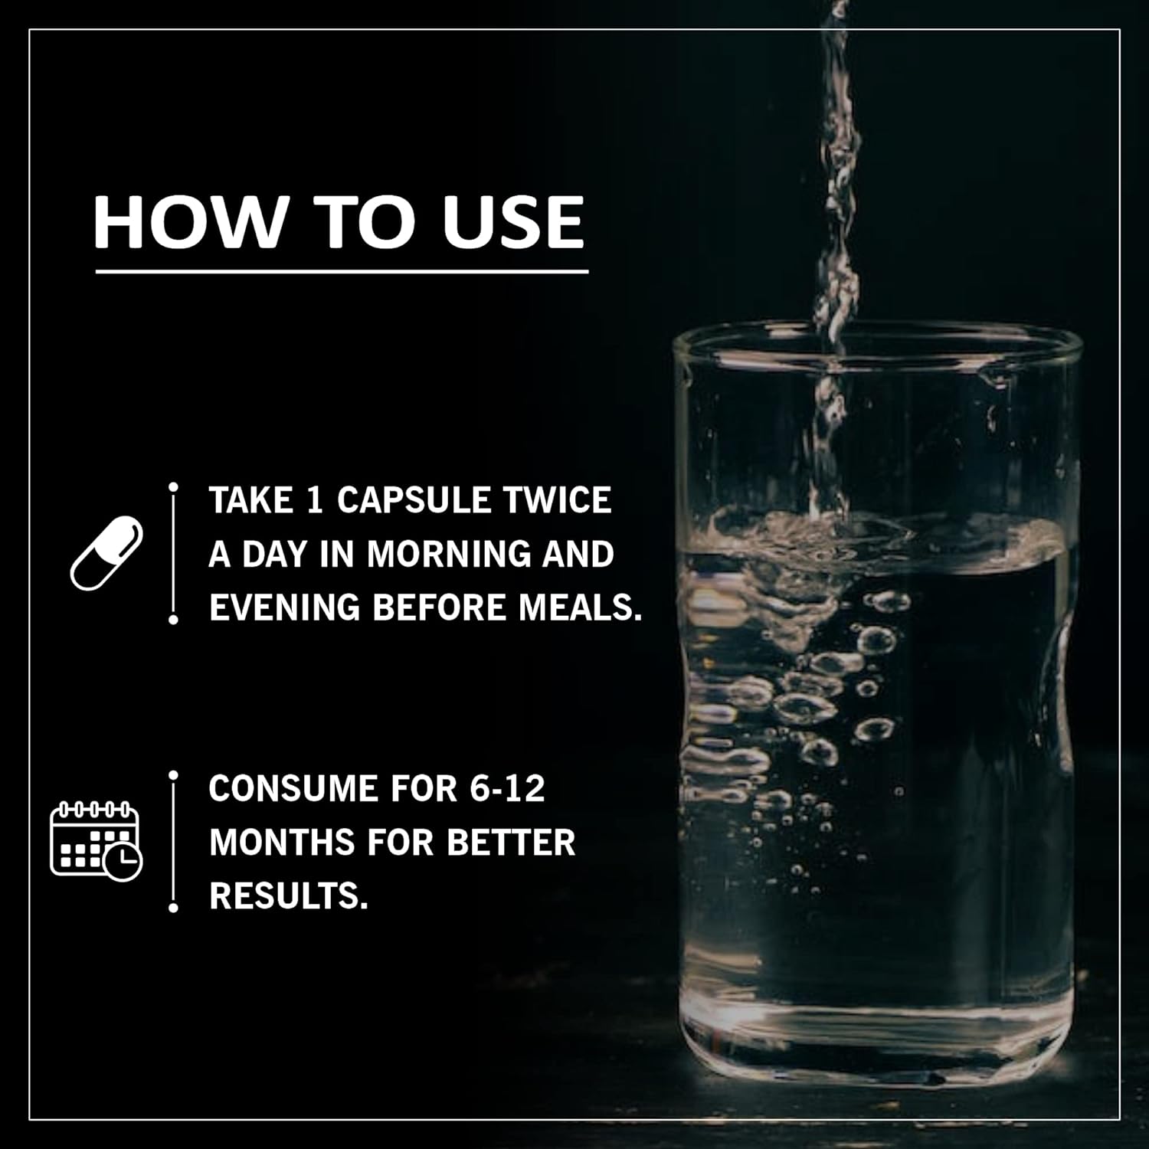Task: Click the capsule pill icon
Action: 107,553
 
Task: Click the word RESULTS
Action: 289,896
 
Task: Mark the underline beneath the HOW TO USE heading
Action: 342,271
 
